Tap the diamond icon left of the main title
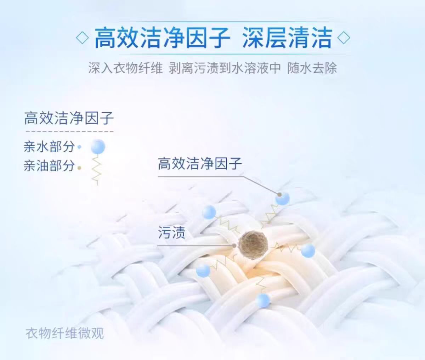click(x=82, y=38)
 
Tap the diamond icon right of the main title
click(x=344, y=38)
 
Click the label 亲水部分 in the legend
click(x=49, y=147)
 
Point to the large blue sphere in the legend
click(x=98, y=146)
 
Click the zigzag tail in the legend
click(x=96, y=169)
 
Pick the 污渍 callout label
click(x=171, y=232)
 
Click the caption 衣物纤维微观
click(x=64, y=333)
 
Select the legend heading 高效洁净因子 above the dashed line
click(x=69, y=118)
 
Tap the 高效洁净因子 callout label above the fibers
click(x=200, y=164)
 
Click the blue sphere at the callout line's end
click(x=282, y=198)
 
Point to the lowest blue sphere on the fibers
click(x=263, y=300)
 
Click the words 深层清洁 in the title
click(x=287, y=38)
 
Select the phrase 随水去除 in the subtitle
click(x=312, y=68)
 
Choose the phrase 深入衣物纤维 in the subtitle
click(x=125, y=68)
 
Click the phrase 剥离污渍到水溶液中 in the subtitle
click(x=225, y=68)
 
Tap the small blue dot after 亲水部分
click(x=79, y=147)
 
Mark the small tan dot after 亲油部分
click(x=79, y=168)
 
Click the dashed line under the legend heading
click(x=69, y=131)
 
